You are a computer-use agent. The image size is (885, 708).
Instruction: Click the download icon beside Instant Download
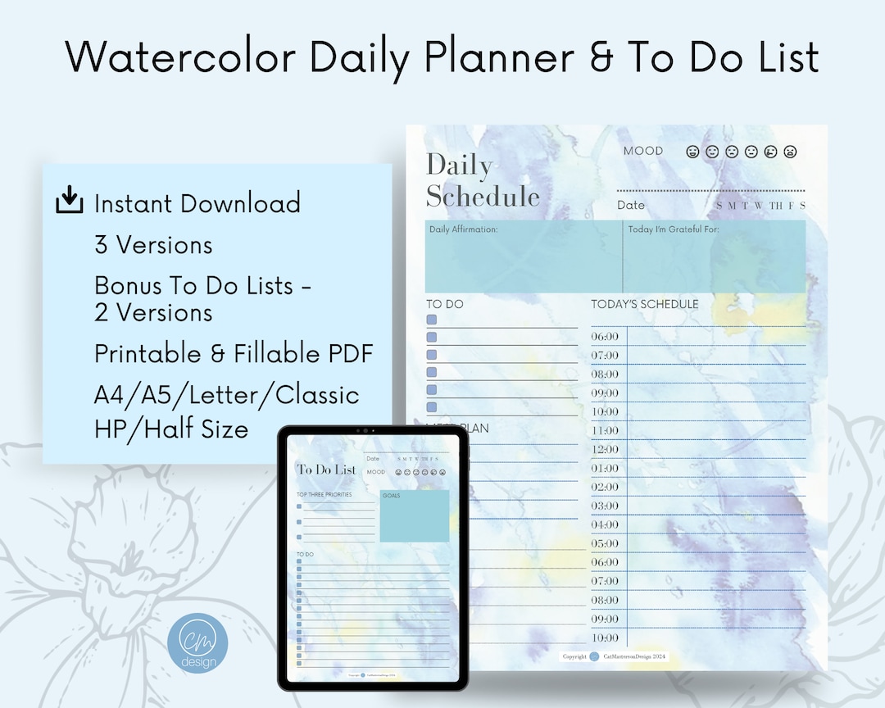click(70, 200)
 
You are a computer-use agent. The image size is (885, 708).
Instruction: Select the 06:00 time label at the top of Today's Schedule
click(605, 337)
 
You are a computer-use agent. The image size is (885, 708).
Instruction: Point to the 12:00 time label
click(605, 450)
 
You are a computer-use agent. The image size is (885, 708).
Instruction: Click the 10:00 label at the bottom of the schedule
click(605, 638)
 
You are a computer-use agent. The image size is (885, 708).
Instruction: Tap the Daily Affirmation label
click(464, 229)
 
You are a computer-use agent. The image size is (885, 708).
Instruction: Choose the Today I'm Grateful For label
click(674, 229)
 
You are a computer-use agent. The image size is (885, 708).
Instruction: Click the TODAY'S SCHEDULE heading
click(645, 304)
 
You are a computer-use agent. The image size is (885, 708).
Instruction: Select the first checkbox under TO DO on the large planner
click(432, 320)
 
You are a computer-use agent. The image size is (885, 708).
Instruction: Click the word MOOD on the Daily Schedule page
click(643, 151)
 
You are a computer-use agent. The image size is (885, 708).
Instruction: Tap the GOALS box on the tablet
click(415, 516)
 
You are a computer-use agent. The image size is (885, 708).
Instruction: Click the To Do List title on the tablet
click(327, 470)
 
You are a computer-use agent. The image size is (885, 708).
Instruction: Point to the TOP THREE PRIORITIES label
click(324, 495)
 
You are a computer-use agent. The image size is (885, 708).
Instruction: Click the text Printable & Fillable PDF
click(234, 354)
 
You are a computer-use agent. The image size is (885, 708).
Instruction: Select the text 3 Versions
click(153, 245)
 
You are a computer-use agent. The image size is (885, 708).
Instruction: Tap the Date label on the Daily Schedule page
click(631, 205)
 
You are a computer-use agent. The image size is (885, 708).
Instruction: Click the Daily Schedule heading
click(482, 180)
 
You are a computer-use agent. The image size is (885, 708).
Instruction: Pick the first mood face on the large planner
click(692, 152)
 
